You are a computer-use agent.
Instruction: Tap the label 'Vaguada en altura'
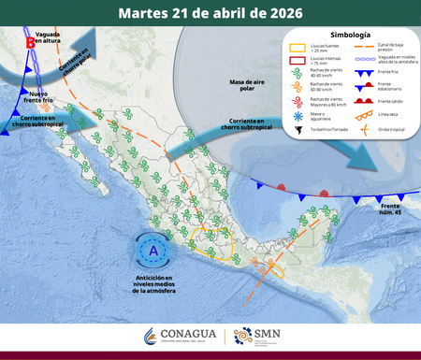click(x=48, y=37)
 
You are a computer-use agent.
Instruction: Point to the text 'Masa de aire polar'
click(x=249, y=86)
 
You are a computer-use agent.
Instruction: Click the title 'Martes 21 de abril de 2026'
click(x=210, y=13)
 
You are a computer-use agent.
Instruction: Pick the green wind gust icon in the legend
click(x=295, y=76)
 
